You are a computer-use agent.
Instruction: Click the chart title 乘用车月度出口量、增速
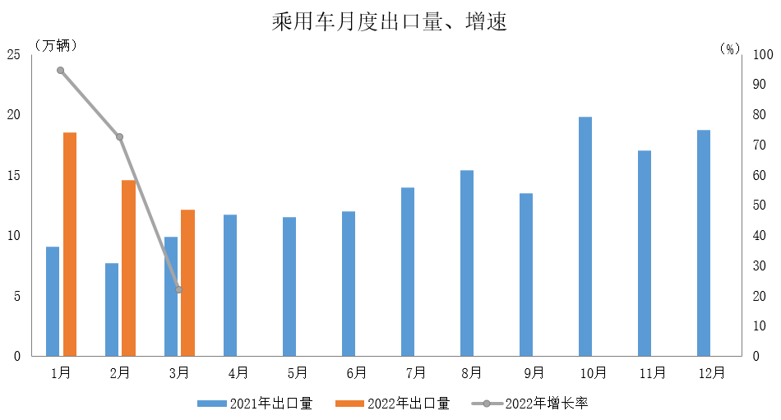(390, 22)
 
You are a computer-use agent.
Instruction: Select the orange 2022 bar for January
(70, 244)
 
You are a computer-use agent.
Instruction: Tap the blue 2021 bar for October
(585, 237)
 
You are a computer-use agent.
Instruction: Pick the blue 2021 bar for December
(704, 243)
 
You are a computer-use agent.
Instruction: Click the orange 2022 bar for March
(187, 283)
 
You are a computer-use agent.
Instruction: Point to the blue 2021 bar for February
(112, 310)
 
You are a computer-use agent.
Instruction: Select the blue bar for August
(467, 263)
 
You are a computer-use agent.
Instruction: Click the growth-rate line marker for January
(60, 70)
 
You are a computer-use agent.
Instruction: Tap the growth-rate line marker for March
(179, 289)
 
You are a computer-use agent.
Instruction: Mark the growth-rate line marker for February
(120, 136)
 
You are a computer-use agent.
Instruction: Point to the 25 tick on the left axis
(13, 55)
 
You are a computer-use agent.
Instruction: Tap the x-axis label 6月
(356, 373)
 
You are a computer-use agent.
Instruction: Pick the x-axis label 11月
(652, 373)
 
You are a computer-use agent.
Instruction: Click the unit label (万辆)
(56, 45)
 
